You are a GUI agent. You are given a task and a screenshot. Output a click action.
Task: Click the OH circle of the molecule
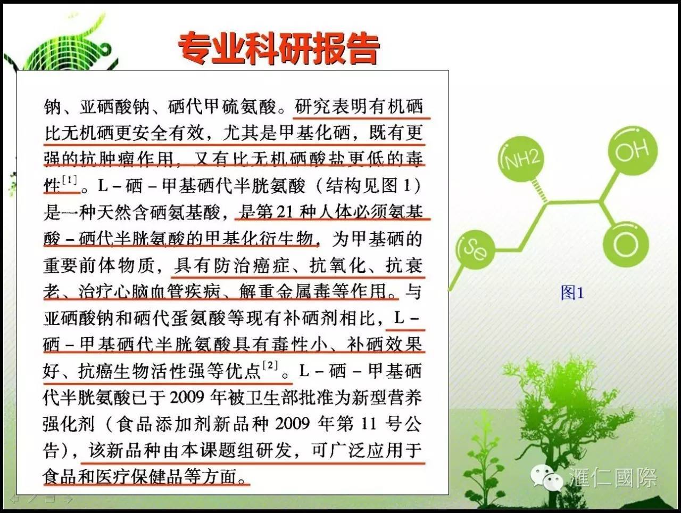[632, 151]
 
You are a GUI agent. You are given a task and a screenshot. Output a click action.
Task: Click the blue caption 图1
[572, 292]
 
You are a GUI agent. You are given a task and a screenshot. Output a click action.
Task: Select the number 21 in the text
[285, 212]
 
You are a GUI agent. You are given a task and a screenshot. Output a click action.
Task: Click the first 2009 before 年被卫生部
[187, 397]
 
